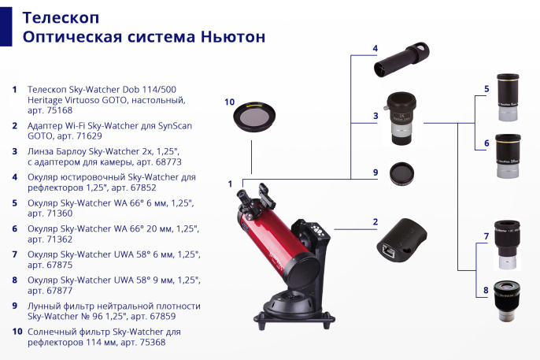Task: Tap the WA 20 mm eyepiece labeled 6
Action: pos(506,157)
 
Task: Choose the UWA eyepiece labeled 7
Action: pos(505,246)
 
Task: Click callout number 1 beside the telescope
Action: pos(230,184)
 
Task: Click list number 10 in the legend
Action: pos(14,331)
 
